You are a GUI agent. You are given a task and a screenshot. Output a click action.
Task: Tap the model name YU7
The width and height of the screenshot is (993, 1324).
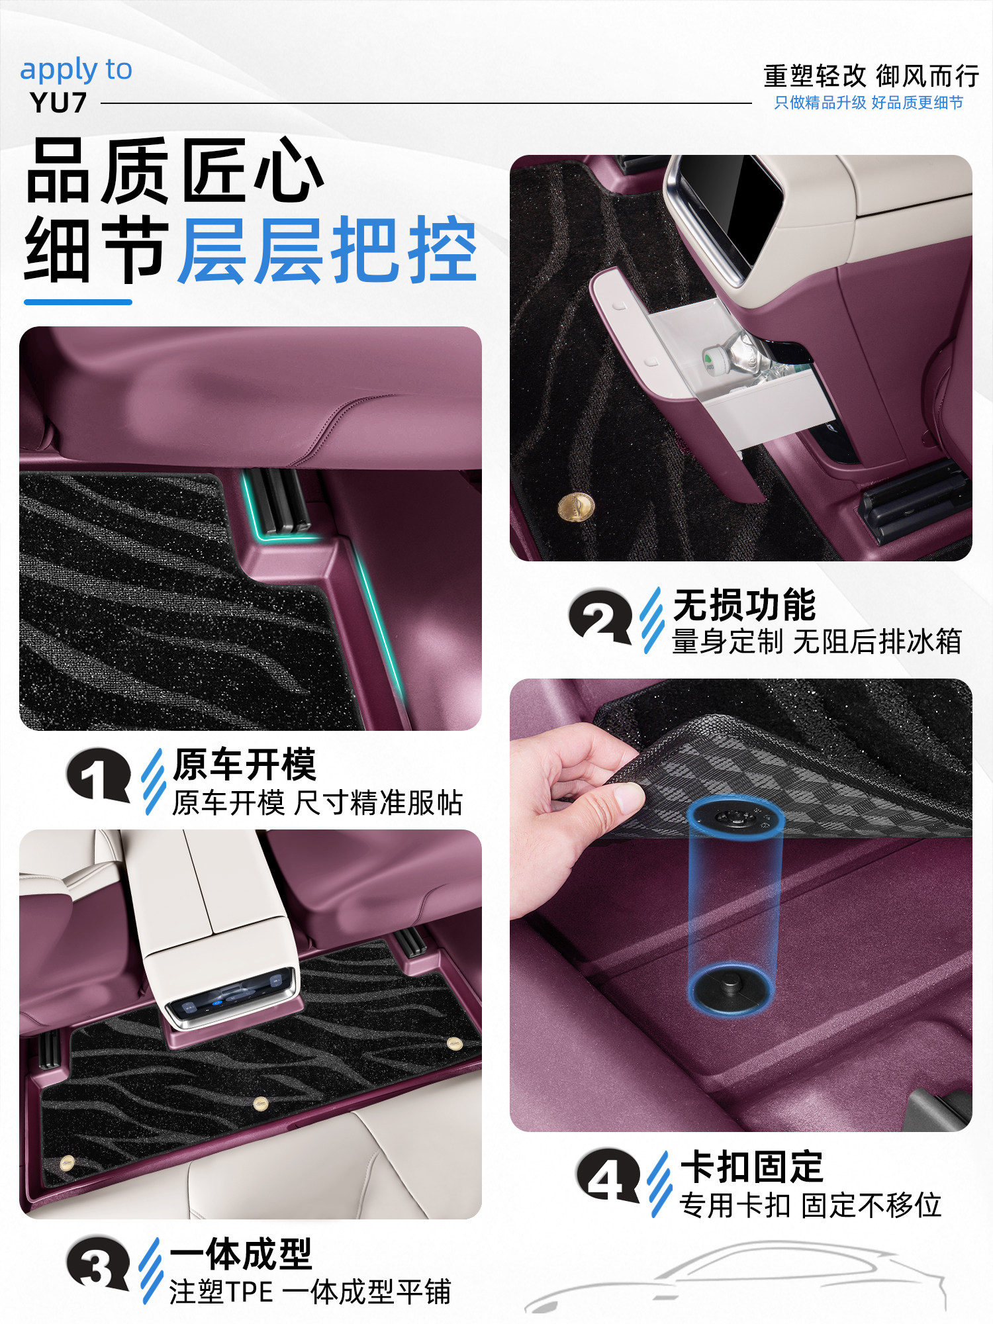tap(58, 103)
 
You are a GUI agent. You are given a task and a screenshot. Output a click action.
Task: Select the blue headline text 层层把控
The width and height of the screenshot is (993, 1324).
tap(328, 251)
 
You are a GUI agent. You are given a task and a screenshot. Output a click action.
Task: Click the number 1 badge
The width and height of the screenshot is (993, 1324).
tap(98, 775)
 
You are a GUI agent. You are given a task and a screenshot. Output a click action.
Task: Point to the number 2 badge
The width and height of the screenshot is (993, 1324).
tap(600, 616)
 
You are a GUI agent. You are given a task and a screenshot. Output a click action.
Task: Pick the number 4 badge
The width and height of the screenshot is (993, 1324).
tap(608, 1176)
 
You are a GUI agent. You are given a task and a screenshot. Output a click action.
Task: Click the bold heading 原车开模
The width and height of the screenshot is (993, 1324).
tap(244, 765)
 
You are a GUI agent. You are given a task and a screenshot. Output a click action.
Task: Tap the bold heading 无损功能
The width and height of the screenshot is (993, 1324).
tap(744, 604)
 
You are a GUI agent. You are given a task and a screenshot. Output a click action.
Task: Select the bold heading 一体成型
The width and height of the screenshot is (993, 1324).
tap(241, 1254)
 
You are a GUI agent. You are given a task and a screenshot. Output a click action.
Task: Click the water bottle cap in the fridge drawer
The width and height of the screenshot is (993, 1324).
tap(710, 361)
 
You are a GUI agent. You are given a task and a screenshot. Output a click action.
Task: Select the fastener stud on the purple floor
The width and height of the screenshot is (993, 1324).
tap(730, 984)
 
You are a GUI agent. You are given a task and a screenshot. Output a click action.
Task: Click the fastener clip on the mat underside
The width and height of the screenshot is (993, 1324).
tap(735, 818)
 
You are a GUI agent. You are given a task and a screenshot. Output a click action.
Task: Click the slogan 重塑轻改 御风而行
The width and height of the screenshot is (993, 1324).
tap(871, 76)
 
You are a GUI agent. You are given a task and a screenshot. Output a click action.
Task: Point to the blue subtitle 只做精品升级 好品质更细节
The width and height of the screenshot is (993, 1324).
tap(869, 103)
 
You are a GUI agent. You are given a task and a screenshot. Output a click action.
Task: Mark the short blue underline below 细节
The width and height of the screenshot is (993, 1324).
tap(78, 302)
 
